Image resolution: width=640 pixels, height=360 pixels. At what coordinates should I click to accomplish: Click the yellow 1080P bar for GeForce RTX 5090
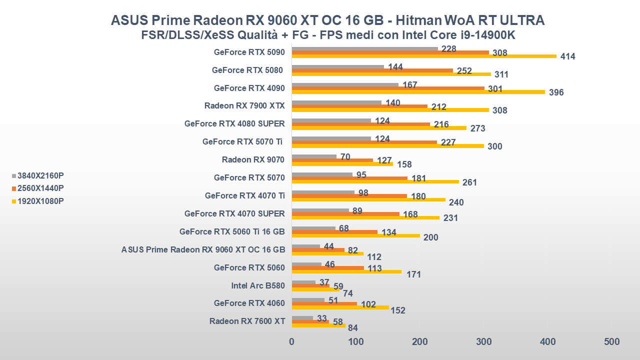[x=424, y=56]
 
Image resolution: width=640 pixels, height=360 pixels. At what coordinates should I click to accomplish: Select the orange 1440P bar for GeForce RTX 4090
[x=388, y=88]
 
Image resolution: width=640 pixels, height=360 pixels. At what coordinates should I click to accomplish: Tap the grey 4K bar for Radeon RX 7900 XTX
[x=336, y=102]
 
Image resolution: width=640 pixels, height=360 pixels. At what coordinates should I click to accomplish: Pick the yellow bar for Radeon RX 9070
[x=342, y=164]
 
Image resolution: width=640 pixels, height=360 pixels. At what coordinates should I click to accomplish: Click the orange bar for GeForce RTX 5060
[x=328, y=268]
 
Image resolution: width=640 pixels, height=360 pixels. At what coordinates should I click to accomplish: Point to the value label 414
[x=567, y=56]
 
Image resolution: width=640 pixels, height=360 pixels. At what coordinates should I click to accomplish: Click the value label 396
[x=556, y=92]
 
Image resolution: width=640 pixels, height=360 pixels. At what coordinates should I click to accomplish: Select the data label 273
[x=477, y=128]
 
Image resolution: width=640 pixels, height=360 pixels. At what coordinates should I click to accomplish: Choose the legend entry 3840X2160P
[x=40, y=175]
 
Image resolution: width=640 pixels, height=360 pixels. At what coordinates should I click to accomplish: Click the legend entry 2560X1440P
[x=40, y=188]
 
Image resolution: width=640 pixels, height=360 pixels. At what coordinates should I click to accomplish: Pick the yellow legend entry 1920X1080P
[x=40, y=201]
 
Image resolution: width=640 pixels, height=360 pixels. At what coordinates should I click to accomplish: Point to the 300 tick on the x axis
[x=483, y=342]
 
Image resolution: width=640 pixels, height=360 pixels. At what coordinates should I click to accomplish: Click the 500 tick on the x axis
[x=611, y=342]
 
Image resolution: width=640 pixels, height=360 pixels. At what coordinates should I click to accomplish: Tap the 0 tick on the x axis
[x=292, y=342]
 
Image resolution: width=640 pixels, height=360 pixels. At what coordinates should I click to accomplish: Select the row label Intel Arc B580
[x=258, y=286]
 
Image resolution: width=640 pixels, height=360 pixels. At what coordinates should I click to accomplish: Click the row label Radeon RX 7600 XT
[x=247, y=321]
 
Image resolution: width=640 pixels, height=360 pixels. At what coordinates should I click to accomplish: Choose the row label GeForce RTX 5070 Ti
[x=242, y=142]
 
